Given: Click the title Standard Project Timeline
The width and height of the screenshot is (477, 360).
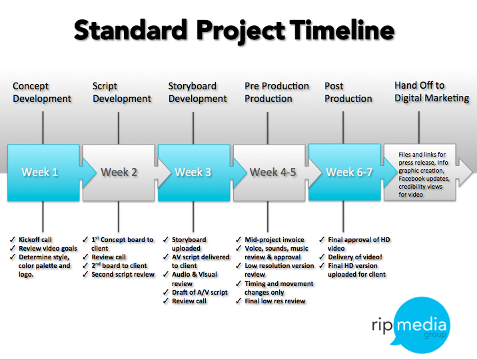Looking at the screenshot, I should (234, 31).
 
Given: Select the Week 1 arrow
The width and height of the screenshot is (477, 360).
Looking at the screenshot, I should (41, 172).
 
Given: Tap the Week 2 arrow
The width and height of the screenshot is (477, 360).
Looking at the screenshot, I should (119, 172).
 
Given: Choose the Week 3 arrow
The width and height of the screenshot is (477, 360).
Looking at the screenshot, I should (193, 172).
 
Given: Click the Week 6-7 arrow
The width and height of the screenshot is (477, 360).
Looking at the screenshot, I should (344, 172).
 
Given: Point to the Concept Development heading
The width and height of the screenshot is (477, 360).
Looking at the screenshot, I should (42, 93).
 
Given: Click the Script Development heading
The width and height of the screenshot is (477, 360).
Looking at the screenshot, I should (122, 93).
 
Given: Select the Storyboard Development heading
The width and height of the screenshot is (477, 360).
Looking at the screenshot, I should (198, 93).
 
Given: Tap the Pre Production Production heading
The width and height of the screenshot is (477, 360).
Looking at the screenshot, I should (277, 93).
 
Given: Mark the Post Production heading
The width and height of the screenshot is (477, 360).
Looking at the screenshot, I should (348, 93).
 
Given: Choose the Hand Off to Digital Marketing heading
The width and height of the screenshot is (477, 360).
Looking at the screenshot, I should (432, 92).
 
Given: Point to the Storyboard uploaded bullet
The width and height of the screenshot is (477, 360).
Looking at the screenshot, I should (189, 244).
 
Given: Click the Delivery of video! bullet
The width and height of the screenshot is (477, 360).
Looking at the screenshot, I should (354, 257).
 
